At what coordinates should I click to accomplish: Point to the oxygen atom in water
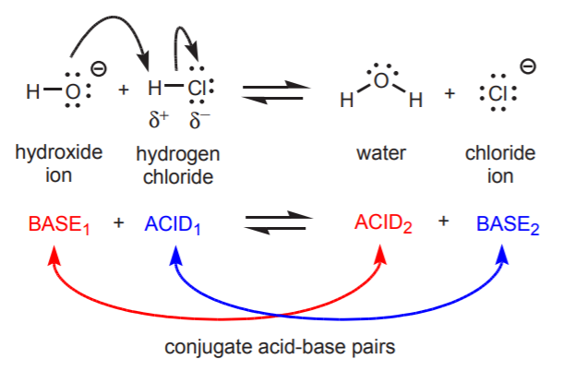click(x=382, y=81)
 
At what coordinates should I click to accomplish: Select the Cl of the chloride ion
click(x=497, y=94)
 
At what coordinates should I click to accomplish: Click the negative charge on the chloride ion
click(x=528, y=66)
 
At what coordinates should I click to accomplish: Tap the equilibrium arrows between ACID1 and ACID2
click(x=275, y=223)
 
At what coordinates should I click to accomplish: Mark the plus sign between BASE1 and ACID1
click(x=118, y=223)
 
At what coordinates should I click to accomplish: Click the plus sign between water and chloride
click(x=449, y=94)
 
